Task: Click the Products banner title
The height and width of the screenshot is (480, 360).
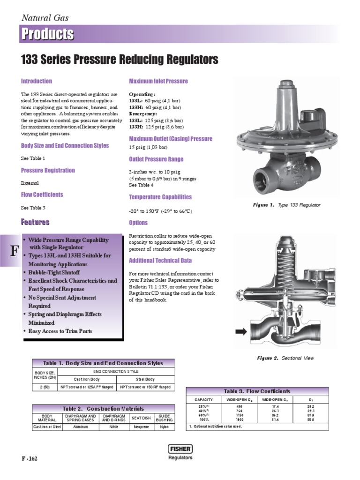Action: (x=47, y=35)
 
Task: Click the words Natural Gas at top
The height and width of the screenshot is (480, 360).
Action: (x=45, y=18)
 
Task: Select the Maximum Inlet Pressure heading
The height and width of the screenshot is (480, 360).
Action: (x=158, y=81)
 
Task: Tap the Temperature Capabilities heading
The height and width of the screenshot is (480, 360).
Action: (x=160, y=197)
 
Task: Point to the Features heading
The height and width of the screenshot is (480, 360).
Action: (x=35, y=222)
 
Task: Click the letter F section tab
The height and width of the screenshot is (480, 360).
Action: (x=9, y=249)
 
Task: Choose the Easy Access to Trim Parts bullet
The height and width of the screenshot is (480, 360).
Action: (x=60, y=331)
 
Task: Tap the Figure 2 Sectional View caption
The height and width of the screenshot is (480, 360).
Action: (x=285, y=358)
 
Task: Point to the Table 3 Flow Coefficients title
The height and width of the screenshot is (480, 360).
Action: (x=257, y=391)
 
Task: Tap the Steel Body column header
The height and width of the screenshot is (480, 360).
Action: (x=145, y=379)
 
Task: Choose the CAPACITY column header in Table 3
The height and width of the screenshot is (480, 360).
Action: (x=203, y=399)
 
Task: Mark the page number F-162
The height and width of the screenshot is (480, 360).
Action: (x=29, y=458)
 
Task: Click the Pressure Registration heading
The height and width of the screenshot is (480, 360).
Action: (x=48, y=170)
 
